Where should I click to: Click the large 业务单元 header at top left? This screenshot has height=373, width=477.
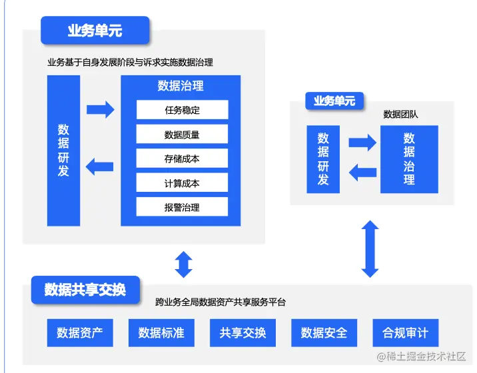tap(95, 30)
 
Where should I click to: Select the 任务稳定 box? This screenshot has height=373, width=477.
tap(182, 110)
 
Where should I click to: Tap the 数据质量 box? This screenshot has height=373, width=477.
tap(182, 135)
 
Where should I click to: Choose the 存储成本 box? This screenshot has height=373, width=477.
tap(182, 159)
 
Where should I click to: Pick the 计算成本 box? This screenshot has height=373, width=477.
tap(182, 183)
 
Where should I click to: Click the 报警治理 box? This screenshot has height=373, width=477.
tap(182, 207)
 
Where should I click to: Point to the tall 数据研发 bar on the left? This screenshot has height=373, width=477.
tap(63, 151)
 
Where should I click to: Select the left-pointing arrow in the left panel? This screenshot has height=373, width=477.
tap(100, 165)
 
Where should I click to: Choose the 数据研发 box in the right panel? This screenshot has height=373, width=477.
tap(323, 159)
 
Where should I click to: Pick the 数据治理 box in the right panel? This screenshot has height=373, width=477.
tap(409, 159)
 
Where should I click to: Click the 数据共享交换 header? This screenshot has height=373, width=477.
tap(85, 290)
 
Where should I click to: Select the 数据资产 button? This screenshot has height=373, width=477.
tap(80, 332)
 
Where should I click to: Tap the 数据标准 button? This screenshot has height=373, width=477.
tap(161, 332)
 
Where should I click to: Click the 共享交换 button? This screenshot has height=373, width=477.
tap(242, 332)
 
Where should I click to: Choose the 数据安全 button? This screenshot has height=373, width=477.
tap(324, 332)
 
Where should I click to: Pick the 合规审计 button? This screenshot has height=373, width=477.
tap(405, 332)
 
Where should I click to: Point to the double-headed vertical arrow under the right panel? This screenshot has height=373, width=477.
tap(370, 248)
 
